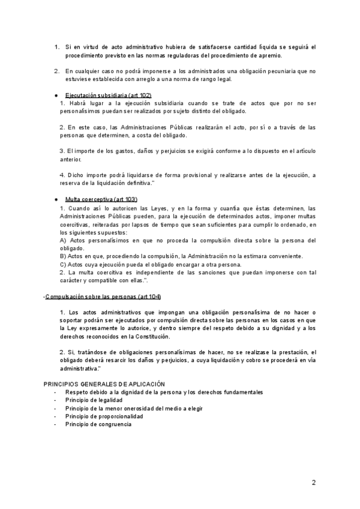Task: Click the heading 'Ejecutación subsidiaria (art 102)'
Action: pyautogui.click(x=108, y=95)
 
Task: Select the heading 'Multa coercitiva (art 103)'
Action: pyautogui.click(x=101, y=199)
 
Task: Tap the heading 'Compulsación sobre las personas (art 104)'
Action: pyautogui.click(x=103, y=298)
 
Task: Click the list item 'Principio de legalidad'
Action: pyautogui.click(x=94, y=400)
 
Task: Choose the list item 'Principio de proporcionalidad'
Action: pyautogui.click(x=104, y=416)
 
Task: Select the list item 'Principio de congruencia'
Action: pyautogui.click(x=98, y=424)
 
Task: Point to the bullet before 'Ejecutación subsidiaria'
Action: pyautogui.click(x=55, y=95)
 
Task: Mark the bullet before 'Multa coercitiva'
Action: pyautogui.click(x=55, y=199)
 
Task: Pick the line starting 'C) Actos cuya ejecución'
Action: pyautogui.click(x=151, y=264)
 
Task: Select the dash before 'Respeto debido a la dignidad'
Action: pyautogui.click(x=55, y=392)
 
